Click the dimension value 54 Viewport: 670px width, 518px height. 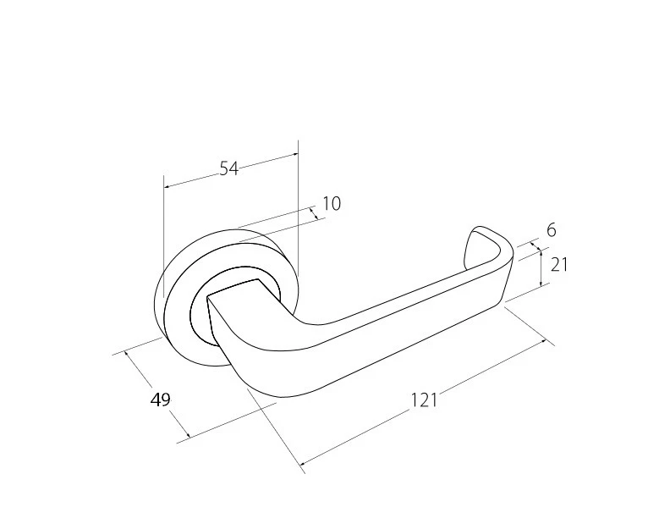(228, 168)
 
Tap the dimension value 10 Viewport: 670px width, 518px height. (332, 204)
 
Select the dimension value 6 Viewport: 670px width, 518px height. (551, 229)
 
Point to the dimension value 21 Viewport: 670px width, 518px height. (558, 264)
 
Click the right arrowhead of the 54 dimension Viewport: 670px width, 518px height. (297, 154)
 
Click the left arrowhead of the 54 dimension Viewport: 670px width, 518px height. (165, 186)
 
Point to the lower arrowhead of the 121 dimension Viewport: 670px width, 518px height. (302, 463)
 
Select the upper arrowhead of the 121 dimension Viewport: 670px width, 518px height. (546, 341)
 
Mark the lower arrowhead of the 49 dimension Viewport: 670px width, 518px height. (187, 438)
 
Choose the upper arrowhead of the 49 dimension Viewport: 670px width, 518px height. (126, 352)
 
